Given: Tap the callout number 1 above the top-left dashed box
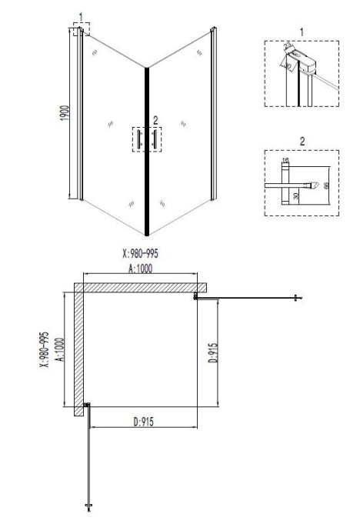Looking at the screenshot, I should tap(81, 16).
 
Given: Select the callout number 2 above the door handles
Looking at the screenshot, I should tap(155, 119).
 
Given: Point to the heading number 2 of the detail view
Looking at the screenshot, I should tap(302, 142).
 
